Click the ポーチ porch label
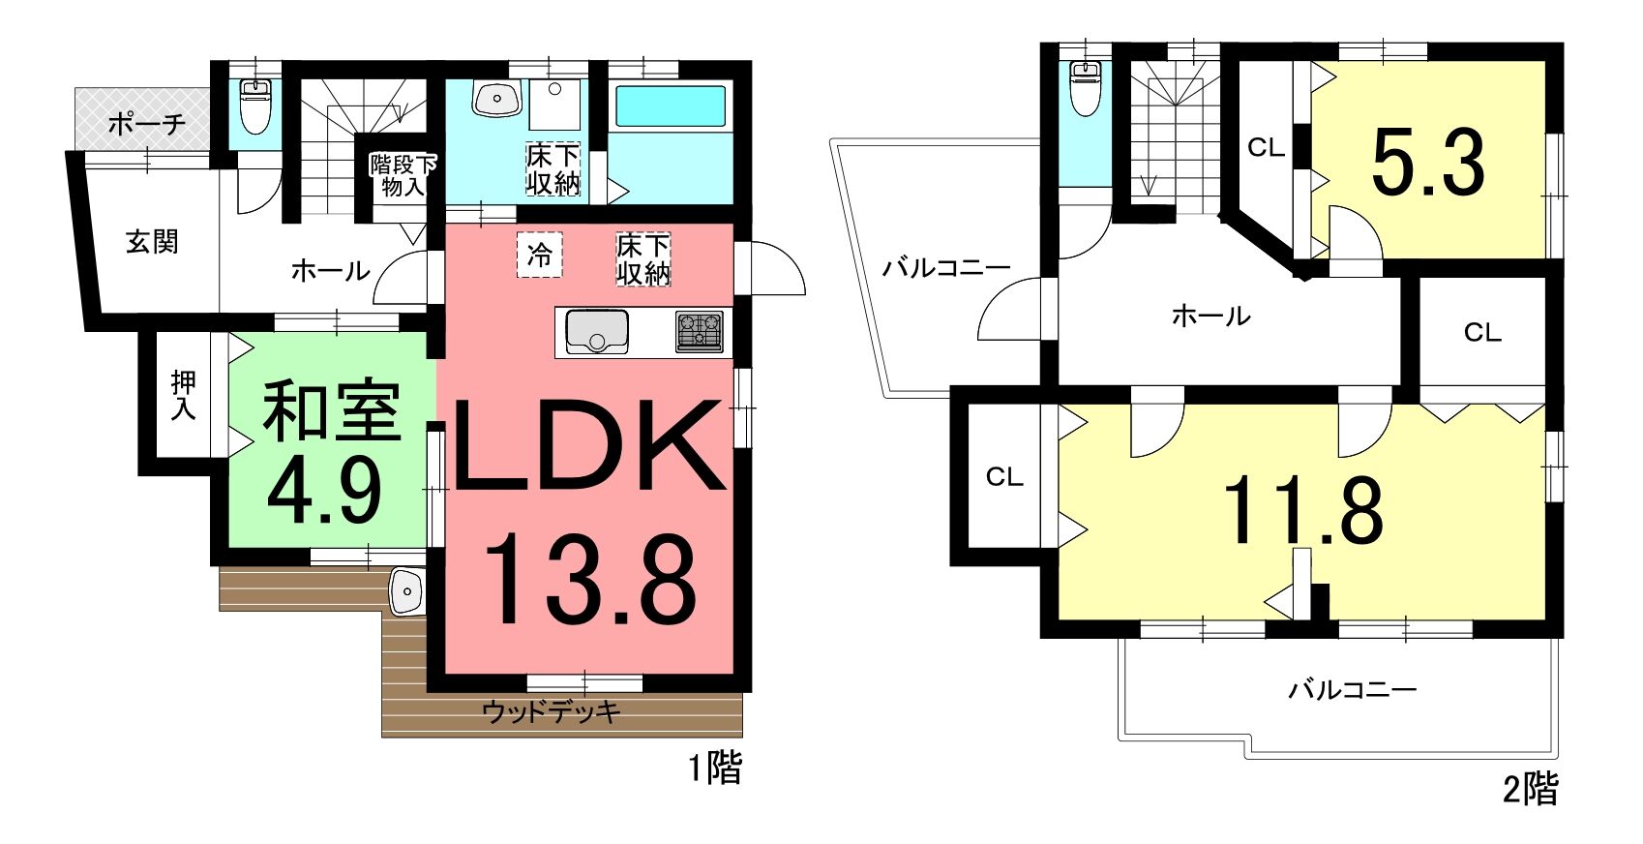pos(147,124)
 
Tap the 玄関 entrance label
pos(152,241)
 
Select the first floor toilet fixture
pos(255,107)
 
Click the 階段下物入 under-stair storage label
pos(402,174)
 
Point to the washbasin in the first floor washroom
pos(497,99)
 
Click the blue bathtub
pos(671,107)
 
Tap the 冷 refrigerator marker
pos(539,255)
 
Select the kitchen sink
pos(597,332)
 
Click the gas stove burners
pos(699,332)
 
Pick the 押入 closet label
pos(184,395)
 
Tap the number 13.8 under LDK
pos(589,580)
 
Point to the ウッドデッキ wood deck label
pos(552,711)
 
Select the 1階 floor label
pos(715,769)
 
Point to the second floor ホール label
pos(1211,316)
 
